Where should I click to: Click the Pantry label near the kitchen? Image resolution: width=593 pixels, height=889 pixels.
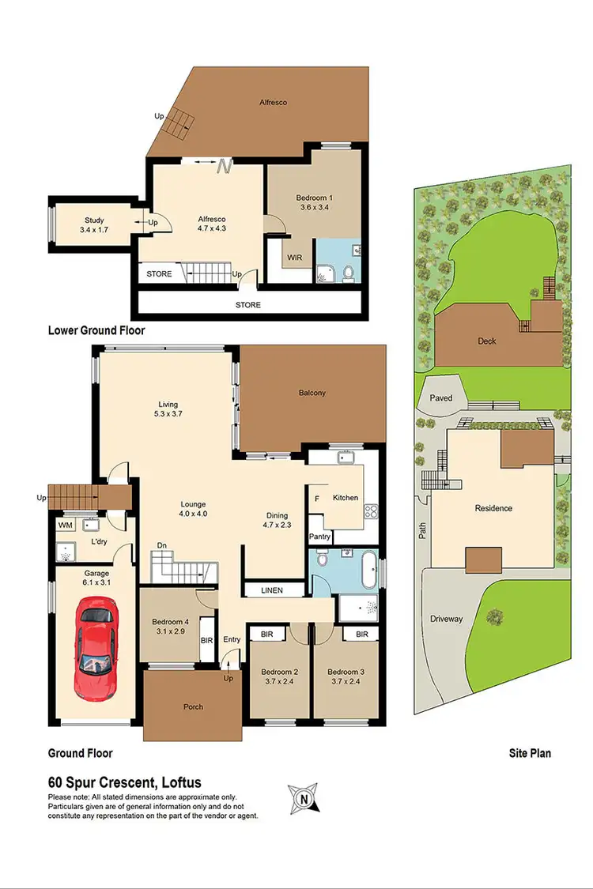pyautogui.click(x=319, y=537)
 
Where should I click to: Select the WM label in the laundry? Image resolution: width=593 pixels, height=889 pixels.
pyautogui.click(x=64, y=524)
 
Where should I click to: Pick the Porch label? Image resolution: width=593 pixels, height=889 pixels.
pyautogui.click(x=192, y=706)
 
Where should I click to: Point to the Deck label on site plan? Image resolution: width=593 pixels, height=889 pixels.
pyautogui.click(x=487, y=341)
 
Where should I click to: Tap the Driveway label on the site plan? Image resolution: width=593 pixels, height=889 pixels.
pyautogui.click(x=447, y=619)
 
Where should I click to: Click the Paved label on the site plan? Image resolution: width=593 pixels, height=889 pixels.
pyautogui.click(x=441, y=398)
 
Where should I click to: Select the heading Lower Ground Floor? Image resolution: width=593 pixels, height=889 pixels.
pyautogui.click(x=96, y=330)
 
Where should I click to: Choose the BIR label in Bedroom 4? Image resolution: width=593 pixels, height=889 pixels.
pyautogui.click(x=207, y=641)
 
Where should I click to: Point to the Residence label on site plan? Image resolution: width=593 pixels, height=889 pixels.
pyautogui.click(x=493, y=508)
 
